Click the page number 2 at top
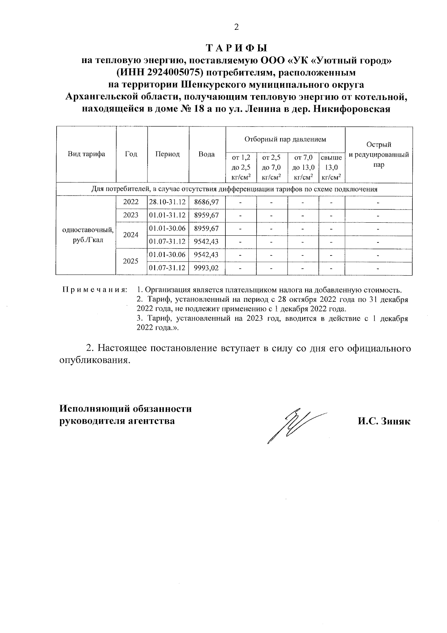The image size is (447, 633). [235, 27]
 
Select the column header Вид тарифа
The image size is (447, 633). [86, 154]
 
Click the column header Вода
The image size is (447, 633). [206, 154]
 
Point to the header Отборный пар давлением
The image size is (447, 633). [285, 139]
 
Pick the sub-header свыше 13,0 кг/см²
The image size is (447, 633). [331, 167]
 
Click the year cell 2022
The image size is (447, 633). [131, 202]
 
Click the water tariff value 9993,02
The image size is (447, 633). [206, 268]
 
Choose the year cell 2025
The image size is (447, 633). [131, 261]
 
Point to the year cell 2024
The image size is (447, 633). [131, 235]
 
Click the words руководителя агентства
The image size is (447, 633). [117, 421]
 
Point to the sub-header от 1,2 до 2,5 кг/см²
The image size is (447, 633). [241, 167]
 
